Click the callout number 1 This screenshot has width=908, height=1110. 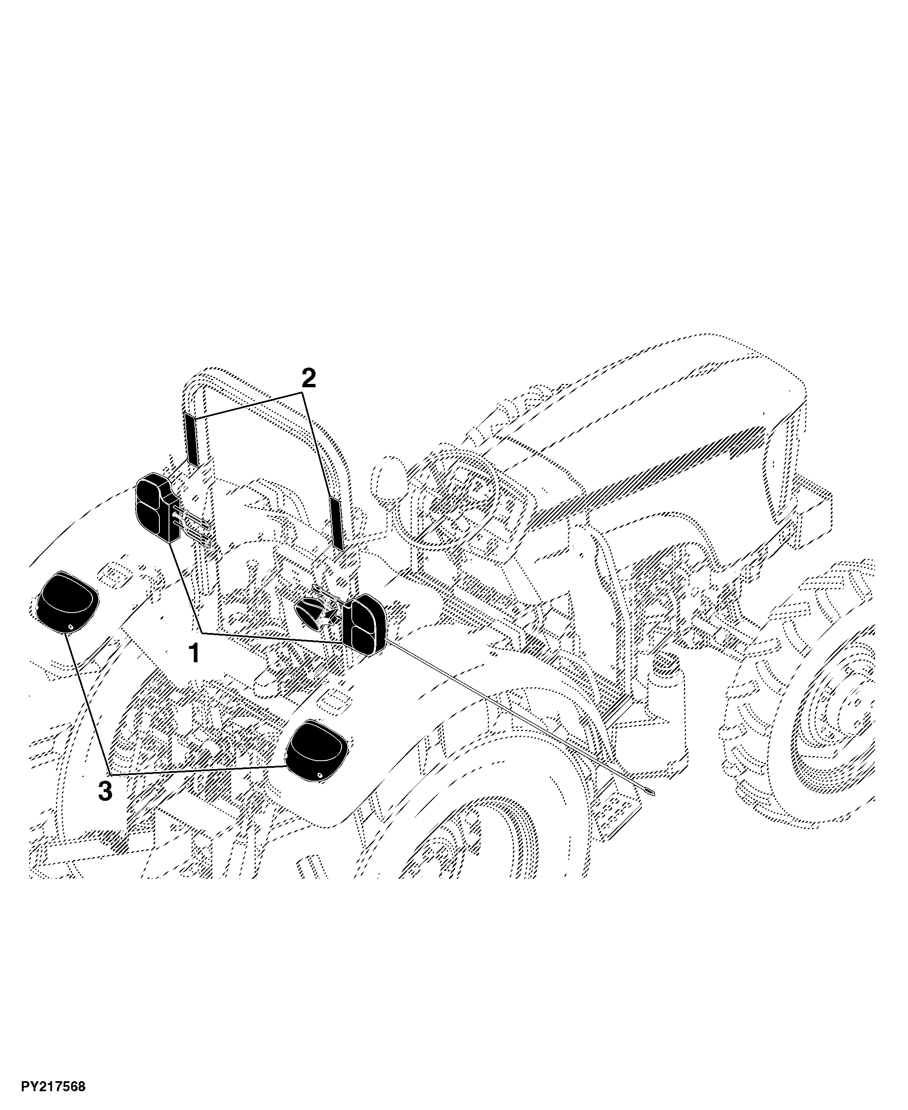[x=194, y=653]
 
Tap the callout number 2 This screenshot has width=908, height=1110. [x=309, y=378]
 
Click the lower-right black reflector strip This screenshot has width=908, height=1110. [x=335, y=523]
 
